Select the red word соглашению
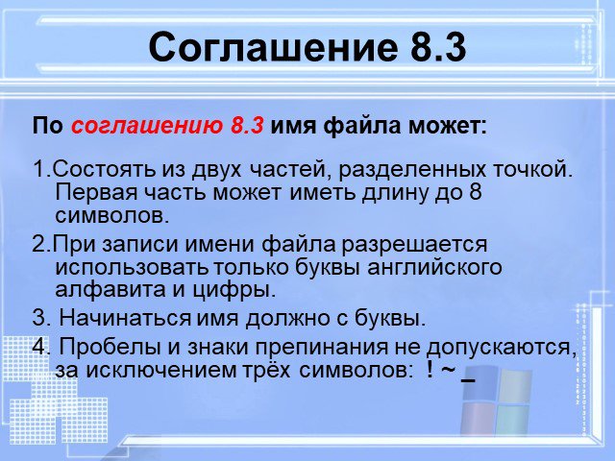(x=147, y=126)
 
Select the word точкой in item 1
(x=532, y=170)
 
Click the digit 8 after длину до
(x=475, y=192)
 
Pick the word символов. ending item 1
(x=112, y=215)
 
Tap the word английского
(x=434, y=267)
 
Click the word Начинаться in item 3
(x=125, y=318)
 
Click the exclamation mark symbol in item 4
(x=430, y=370)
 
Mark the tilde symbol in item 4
(x=447, y=371)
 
